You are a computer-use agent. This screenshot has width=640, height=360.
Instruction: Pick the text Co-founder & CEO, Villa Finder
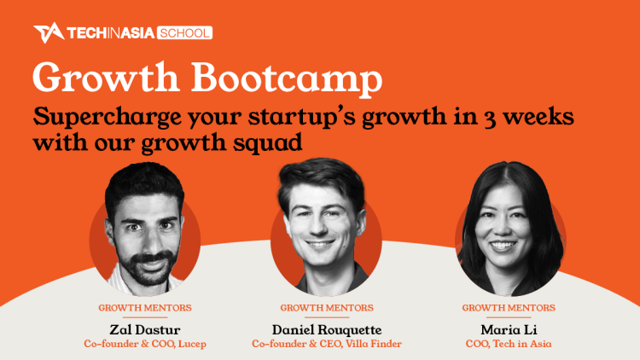327,344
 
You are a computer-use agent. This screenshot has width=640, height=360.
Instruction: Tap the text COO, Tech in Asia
509,344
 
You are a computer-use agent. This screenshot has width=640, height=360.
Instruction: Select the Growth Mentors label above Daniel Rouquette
327,308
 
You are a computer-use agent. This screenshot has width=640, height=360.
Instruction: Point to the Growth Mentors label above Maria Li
509,308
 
